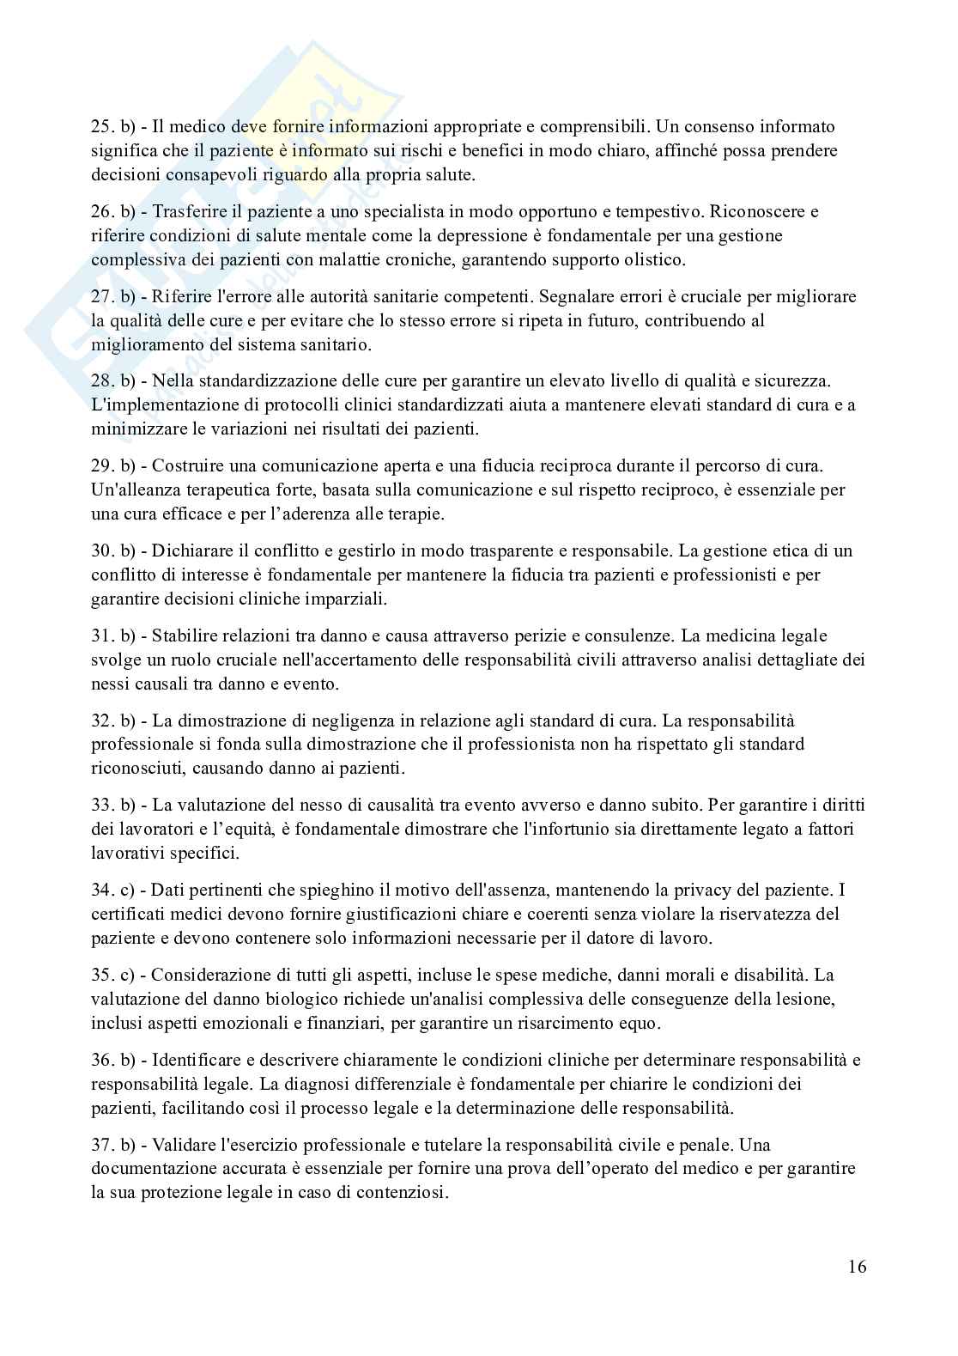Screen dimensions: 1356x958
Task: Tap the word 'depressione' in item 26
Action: tap(409, 235)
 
